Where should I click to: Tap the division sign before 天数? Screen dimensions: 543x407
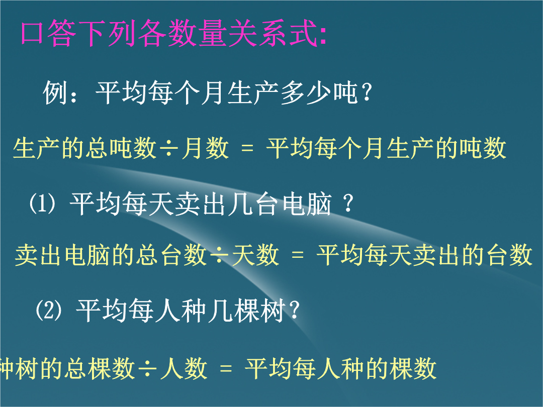pyautogui.click(x=220, y=255)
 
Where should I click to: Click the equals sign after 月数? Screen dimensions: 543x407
pyautogui.click(x=247, y=149)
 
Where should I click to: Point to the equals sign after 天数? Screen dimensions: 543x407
pyautogui.click(x=298, y=256)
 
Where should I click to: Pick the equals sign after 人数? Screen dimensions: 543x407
pyautogui.click(x=226, y=368)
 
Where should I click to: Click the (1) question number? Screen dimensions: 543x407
pyautogui.click(x=42, y=203)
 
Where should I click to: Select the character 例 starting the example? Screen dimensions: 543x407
pyautogui.click(x=55, y=93)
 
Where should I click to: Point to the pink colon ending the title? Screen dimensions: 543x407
pyautogui.click(x=323, y=36)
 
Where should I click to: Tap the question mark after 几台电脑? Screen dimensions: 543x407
pyautogui.click(x=348, y=203)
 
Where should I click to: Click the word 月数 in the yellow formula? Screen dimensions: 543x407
pyautogui.click(x=205, y=148)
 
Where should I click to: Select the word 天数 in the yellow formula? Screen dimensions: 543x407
pyautogui.click(x=255, y=255)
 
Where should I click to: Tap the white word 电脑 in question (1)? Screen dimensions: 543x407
pyautogui.click(x=307, y=203)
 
